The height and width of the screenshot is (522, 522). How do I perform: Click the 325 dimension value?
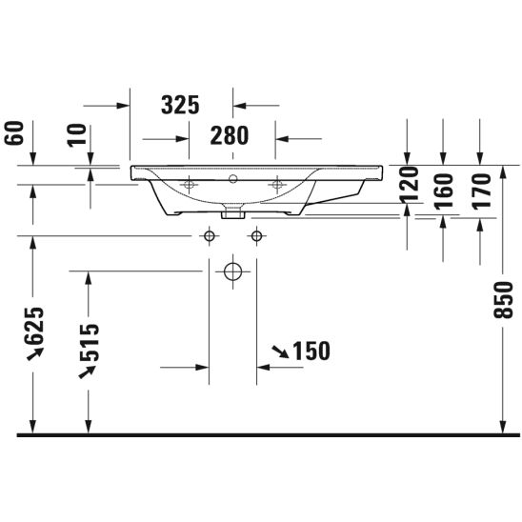pyautogui.click(x=180, y=105)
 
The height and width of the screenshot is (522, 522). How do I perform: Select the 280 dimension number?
pyautogui.click(x=230, y=135)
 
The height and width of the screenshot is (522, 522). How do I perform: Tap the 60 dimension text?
pyautogui.click(x=14, y=132)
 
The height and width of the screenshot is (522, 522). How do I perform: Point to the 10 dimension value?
pyautogui.click(x=77, y=135)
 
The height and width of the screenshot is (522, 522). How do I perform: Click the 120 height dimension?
pyautogui.click(x=410, y=185)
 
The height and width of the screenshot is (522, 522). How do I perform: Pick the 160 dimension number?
pyautogui.click(x=445, y=191)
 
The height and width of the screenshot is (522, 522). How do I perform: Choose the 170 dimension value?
pyautogui.click(x=482, y=191)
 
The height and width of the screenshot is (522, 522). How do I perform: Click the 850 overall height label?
pyautogui.click(x=503, y=300)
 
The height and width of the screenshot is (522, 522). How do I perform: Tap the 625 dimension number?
pyautogui.click(x=33, y=326)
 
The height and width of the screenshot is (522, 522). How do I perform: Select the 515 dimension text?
pyautogui.click(x=90, y=343)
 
